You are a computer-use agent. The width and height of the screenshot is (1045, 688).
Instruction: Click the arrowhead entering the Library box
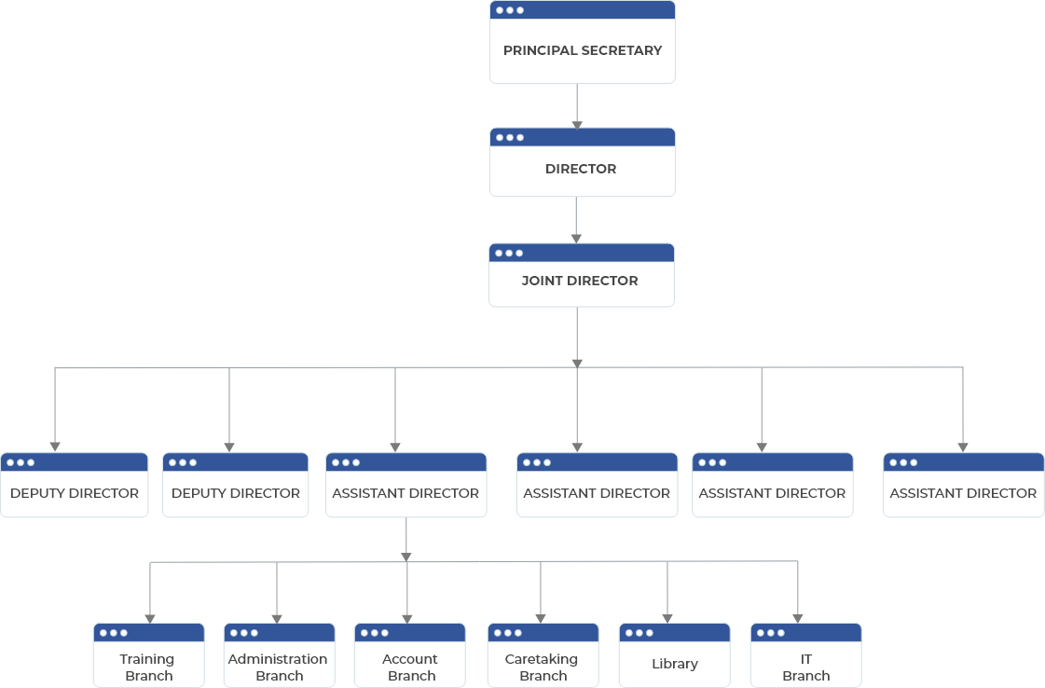pyautogui.click(x=667, y=617)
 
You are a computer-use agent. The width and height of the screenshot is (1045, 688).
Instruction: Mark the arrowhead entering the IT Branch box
pyautogui.click(x=798, y=617)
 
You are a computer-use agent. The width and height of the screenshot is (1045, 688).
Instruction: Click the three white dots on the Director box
pyautogui.click(x=509, y=137)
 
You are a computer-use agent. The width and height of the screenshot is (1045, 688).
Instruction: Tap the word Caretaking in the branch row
pyautogui.click(x=542, y=659)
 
